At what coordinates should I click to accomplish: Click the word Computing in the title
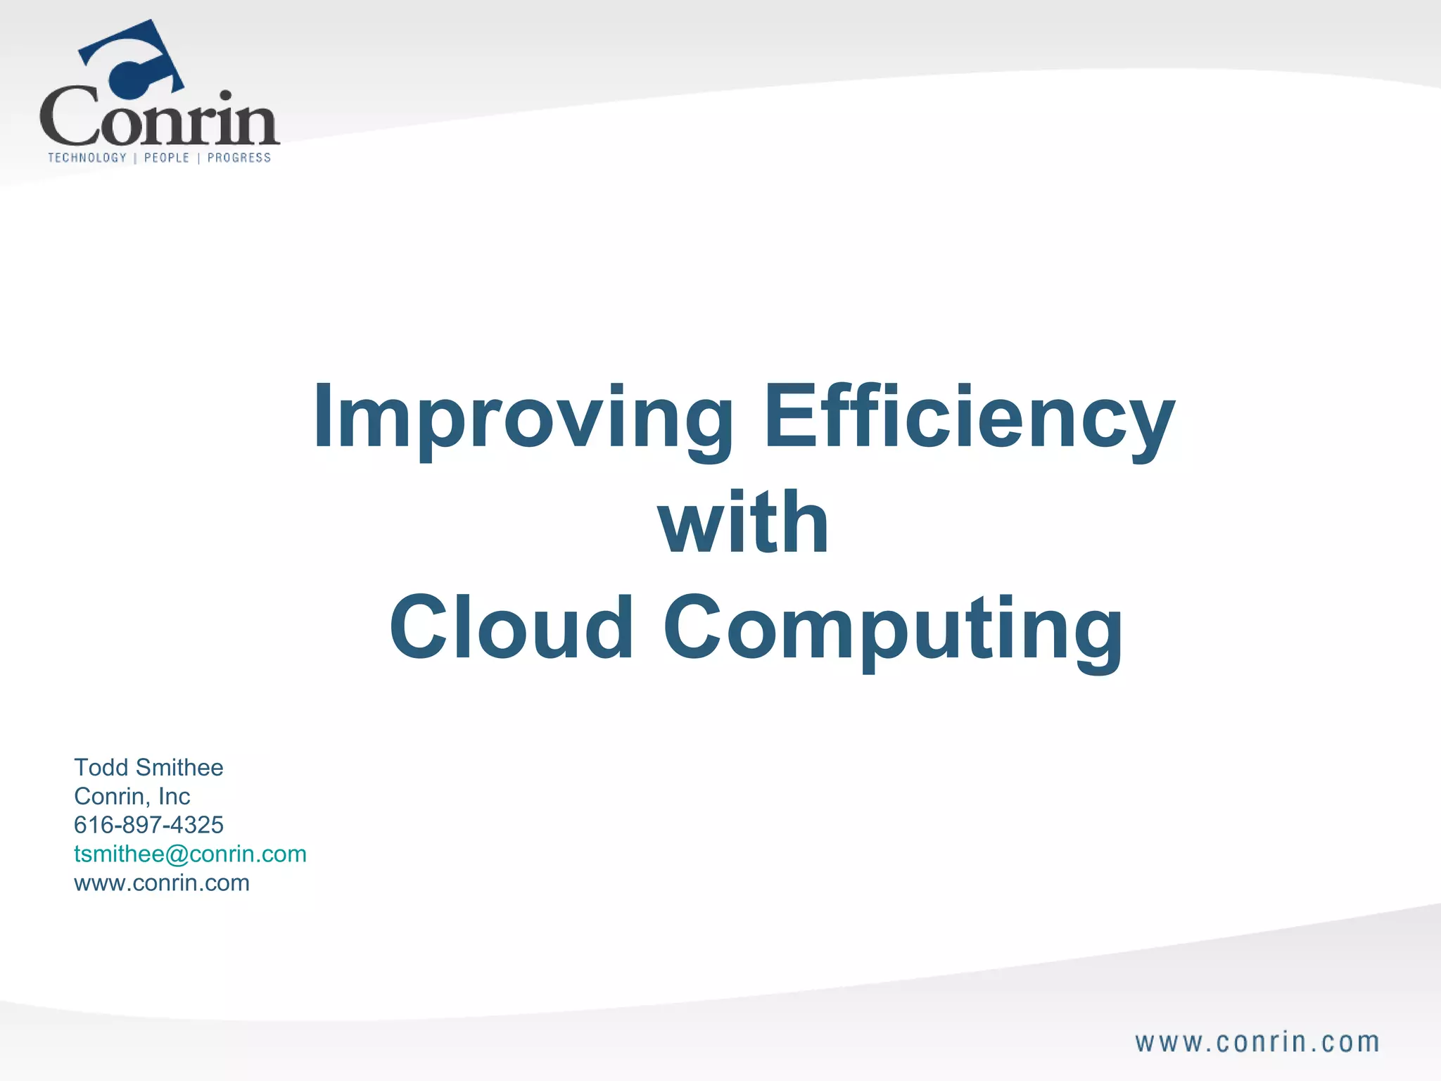(893, 628)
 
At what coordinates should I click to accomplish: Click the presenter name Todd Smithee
(148, 767)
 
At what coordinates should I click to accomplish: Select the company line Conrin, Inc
(132, 796)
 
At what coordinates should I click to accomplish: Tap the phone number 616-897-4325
(148, 825)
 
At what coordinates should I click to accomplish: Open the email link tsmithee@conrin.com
(190, 854)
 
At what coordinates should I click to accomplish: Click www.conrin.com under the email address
(162, 883)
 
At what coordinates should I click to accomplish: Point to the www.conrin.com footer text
(1257, 1042)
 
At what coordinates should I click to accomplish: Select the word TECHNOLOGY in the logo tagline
(87, 158)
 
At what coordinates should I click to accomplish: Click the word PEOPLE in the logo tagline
(167, 158)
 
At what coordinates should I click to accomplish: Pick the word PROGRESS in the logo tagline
(239, 158)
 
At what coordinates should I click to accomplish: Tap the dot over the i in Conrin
(225, 96)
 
